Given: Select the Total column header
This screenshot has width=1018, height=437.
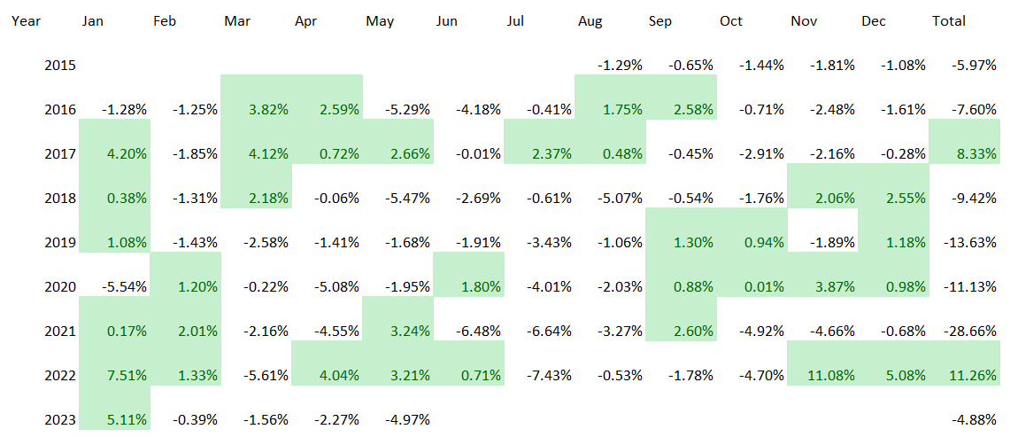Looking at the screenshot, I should click(x=949, y=20).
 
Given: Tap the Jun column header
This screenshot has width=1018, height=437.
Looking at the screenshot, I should click(x=447, y=20).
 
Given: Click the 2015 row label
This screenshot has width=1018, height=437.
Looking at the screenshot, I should click(x=60, y=65).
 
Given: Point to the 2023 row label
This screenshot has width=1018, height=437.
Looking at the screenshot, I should click(x=60, y=419).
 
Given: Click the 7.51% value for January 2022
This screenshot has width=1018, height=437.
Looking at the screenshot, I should click(x=125, y=375).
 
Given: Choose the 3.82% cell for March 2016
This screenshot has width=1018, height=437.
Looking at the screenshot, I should click(x=266, y=109).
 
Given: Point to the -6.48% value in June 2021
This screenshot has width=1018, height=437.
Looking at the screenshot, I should click(x=478, y=331).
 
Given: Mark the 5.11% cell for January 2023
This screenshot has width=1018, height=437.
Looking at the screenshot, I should click(x=125, y=419).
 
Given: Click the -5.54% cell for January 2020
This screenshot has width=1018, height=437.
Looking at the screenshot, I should click(x=124, y=286).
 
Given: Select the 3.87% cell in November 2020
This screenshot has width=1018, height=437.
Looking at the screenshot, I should click(x=833, y=286).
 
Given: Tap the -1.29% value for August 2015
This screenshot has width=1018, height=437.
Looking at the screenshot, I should click(x=620, y=65).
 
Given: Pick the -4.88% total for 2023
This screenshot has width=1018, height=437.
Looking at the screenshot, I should click(x=974, y=419).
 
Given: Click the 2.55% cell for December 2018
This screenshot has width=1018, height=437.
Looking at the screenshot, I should click(x=904, y=198).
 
